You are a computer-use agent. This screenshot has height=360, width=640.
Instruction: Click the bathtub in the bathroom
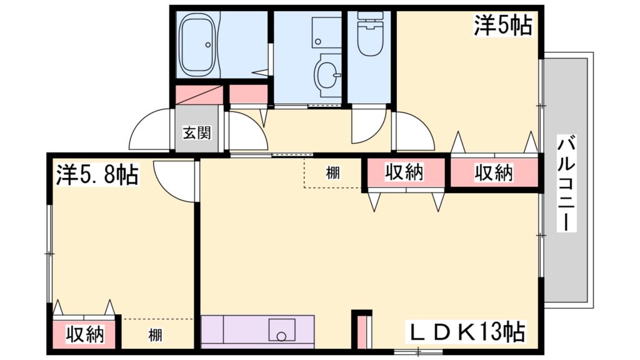click(198, 46)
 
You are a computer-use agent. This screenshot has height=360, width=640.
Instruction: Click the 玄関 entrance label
click(196, 132)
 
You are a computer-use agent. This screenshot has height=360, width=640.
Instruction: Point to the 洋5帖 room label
click(502, 26)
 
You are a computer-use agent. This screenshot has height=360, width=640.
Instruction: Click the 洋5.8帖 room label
click(97, 174)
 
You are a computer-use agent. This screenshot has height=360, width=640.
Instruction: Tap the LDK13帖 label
click(466, 329)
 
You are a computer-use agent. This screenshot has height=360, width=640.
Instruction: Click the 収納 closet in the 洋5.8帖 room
click(85, 335)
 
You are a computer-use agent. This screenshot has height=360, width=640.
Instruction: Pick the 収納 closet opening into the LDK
click(404, 172)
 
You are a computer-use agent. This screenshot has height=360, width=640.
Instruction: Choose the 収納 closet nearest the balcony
click(493, 172)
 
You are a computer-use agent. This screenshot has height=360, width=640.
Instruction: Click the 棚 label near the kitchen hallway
click(332, 173)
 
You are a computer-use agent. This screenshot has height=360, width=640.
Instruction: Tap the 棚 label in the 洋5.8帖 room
click(155, 335)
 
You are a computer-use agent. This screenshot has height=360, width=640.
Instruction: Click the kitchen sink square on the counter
click(282, 329)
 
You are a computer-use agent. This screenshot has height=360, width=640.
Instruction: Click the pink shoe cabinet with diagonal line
click(199, 94)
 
